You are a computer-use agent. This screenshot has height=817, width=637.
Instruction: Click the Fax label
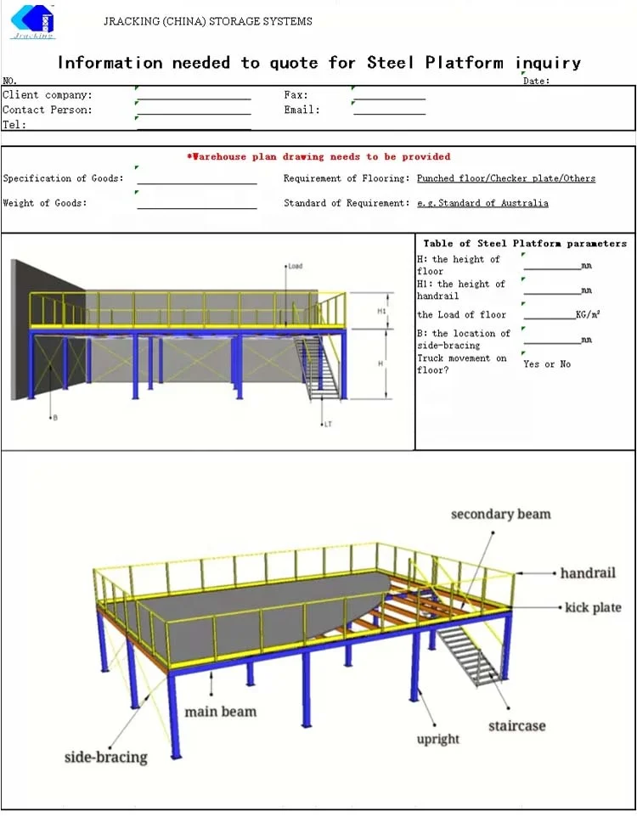pos(296,95)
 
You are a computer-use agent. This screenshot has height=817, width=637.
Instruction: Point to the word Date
pos(536,81)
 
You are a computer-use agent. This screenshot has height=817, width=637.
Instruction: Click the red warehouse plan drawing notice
pos(318,156)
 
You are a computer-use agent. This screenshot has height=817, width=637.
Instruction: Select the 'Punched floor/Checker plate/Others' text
pos(506,178)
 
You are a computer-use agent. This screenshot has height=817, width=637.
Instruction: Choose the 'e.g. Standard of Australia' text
pos(482,203)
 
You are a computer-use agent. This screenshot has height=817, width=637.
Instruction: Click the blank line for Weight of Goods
pos(196,205)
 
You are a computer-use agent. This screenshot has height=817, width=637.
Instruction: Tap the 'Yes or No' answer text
pos(547,364)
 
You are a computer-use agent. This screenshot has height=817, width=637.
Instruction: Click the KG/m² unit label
pos(588,315)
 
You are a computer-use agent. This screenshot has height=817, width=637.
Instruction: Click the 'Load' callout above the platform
pos(295,267)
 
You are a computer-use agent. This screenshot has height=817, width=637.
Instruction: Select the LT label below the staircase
pos(327,424)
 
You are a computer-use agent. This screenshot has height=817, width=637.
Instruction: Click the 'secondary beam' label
pos(500,514)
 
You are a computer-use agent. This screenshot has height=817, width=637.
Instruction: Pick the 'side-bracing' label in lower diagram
pos(106,756)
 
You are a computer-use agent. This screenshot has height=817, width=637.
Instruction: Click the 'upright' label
pos(438,739)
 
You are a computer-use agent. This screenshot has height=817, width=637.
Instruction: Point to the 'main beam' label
pos(221,711)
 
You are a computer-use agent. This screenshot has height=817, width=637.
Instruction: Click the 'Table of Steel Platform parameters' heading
pos(525,244)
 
